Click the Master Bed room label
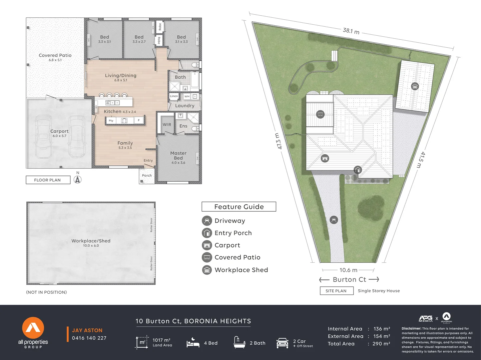(x=178, y=156)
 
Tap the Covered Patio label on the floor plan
(x=55, y=56)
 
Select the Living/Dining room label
(x=120, y=76)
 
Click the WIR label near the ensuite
(x=167, y=125)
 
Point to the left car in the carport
(x=43, y=137)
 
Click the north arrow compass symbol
(x=78, y=179)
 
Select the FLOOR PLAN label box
(x=48, y=180)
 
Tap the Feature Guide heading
(x=239, y=207)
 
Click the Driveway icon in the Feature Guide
(x=207, y=221)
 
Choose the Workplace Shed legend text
(x=241, y=270)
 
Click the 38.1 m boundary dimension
(x=351, y=31)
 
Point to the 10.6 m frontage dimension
(x=348, y=270)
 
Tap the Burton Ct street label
(x=349, y=280)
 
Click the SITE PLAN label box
(x=336, y=291)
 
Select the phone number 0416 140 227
(x=89, y=338)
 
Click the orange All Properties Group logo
(x=33, y=328)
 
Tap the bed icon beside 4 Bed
(x=193, y=343)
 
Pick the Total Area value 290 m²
(x=382, y=344)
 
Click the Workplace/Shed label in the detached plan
(x=91, y=241)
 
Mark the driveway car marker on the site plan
(x=334, y=220)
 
